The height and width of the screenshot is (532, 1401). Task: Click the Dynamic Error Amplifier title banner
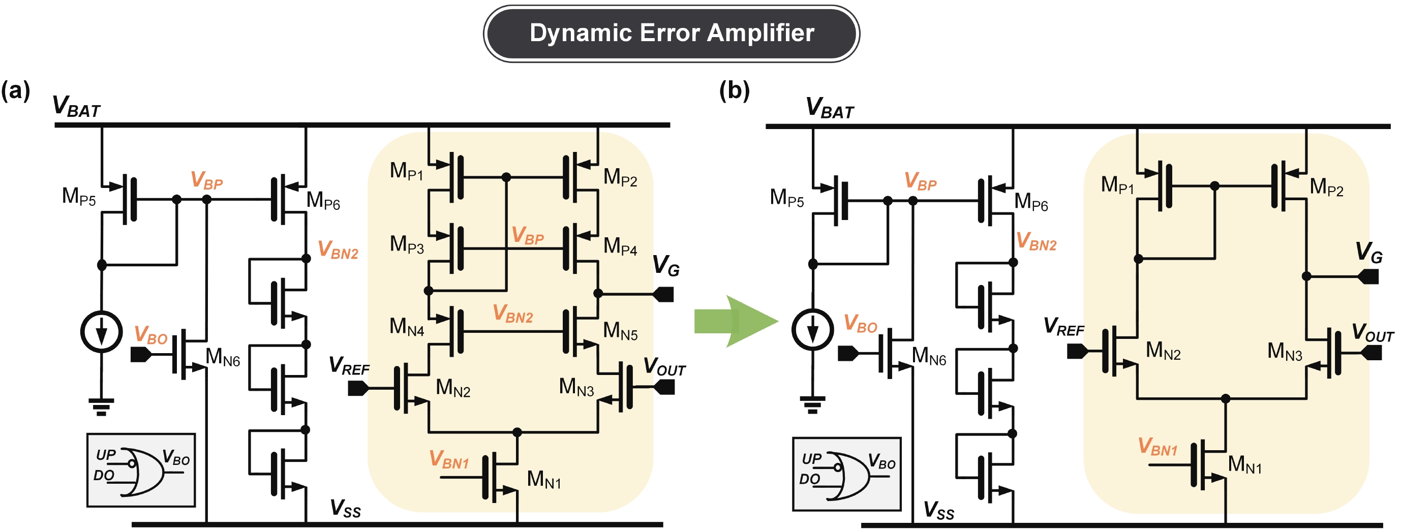[x=671, y=33]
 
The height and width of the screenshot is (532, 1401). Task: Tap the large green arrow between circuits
[x=735, y=321]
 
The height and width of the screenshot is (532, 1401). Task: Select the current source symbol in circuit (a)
[x=102, y=331]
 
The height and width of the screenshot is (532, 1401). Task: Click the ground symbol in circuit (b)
[x=812, y=404]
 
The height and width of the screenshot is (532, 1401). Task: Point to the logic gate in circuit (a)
[x=141, y=472]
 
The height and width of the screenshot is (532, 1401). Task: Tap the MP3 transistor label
[x=406, y=244]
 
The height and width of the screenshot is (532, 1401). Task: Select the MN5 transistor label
[x=620, y=331]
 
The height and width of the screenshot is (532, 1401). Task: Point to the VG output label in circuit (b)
[x=1368, y=253]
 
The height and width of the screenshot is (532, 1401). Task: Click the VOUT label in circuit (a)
[x=664, y=367]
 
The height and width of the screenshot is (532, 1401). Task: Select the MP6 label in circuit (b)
[x=1030, y=202]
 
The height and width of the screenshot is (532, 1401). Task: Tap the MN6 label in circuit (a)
[x=223, y=358]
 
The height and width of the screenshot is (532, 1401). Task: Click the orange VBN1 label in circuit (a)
[x=449, y=460]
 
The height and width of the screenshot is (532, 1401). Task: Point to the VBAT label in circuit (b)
[x=830, y=108]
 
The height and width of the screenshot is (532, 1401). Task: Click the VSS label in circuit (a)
[x=345, y=509]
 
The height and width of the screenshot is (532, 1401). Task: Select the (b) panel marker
[x=734, y=90]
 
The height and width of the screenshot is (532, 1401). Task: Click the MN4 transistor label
[x=406, y=327]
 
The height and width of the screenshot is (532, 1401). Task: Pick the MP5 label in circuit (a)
[x=79, y=197]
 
